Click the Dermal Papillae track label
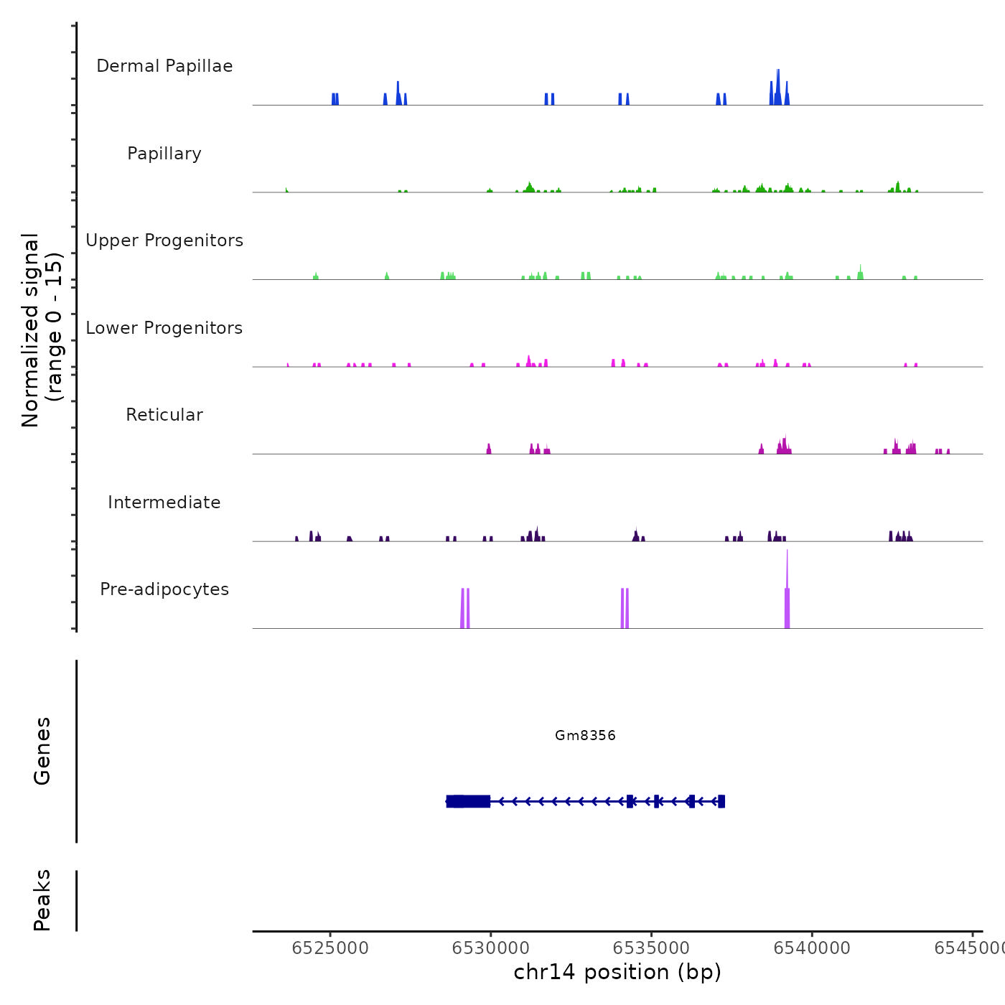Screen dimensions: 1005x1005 (164, 66)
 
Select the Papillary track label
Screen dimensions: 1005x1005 (164, 154)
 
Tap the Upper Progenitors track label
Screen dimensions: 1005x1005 (164, 240)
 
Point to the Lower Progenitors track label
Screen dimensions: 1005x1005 (164, 328)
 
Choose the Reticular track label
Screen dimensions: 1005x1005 (164, 415)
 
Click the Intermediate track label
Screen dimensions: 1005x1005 (164, 502)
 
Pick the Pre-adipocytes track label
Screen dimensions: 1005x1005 (164, 589)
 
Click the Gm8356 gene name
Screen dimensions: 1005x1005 (585, 735)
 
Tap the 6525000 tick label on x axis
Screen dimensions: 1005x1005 (330, 948)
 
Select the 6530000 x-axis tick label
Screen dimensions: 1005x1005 (491, 948)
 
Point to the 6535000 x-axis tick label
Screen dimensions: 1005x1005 (652, 948)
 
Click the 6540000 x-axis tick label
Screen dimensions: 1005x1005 (813, 948)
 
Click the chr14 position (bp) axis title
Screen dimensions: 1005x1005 (617, 972)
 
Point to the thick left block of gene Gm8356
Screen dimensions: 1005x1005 (468, 801)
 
